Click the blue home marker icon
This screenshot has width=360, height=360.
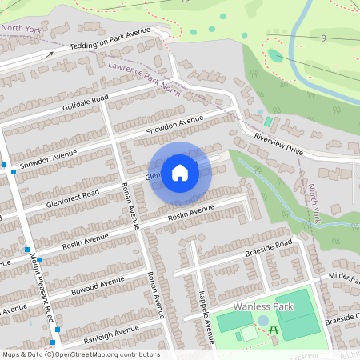[180, 173]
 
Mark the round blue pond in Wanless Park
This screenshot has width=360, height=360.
[263, 320]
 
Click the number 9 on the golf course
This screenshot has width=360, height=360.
[322, 38]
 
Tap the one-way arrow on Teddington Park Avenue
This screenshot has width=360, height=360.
[50, 54]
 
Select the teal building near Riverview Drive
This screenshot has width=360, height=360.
[268, 123]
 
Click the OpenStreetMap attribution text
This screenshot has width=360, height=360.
[80, 354]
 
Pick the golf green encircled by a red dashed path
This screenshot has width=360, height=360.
[274, 55]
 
